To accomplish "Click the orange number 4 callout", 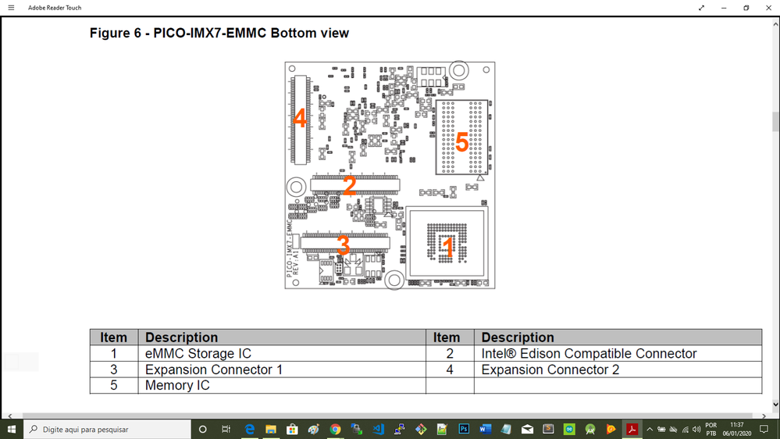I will tap(300, 119).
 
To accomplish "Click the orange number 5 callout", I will tap(461, 143).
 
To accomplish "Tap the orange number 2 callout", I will tap(349, 185).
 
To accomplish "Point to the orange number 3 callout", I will tap(344, 245).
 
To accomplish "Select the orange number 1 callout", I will tap(448, 248).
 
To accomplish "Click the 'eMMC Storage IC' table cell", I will tap(198, 354).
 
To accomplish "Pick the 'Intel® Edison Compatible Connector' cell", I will tap(589, 354).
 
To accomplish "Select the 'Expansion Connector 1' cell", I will tap(214, 369).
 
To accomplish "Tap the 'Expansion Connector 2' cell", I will tap(550, 369).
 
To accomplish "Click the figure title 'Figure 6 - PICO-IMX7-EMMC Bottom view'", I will tap(219, 34).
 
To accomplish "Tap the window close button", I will tap(768, 8).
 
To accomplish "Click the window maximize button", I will tap(746, 8).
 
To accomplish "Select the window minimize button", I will tap(724, 8).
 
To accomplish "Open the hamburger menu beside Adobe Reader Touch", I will tap(11, 8).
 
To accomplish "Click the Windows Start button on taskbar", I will tap(12, 430).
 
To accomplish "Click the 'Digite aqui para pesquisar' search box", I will tap(109, 430).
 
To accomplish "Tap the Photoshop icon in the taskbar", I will tap(464, 430).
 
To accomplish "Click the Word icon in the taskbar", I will tap(485, 430).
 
